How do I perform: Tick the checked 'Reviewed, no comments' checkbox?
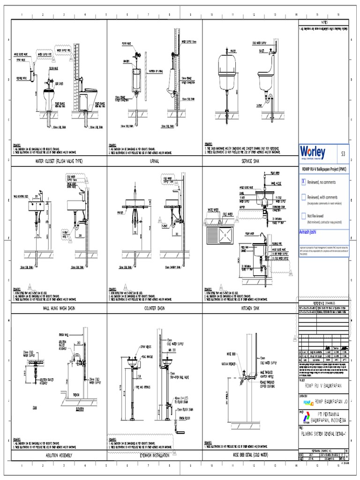point(304,181)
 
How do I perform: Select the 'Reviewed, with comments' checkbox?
point(304,197)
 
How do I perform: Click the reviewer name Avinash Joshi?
point(310,232)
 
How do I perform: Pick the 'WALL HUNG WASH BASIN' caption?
point(59,308)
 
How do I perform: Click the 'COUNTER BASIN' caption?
point(154,308)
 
